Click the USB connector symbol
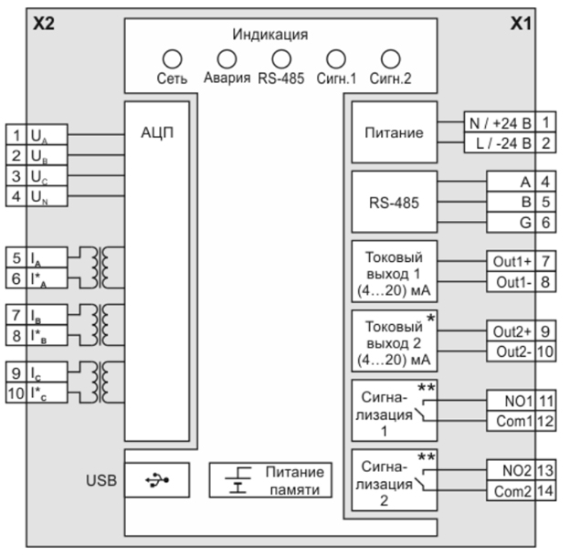(x=157, y=480)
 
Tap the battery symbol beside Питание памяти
(x=237, y=480)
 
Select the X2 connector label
(x=44, y=24)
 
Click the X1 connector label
(x=521, y=24)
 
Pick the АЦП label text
(x=157, y=132)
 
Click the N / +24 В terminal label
(x=501, y=123)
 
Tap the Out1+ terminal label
(x=512, y=261)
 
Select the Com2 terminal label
(x=512, y=491)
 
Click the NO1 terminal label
(x=518, y=402)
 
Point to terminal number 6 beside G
(x=545, y=223)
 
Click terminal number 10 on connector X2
(x=16, y=393)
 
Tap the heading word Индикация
(x=270, y=35)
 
